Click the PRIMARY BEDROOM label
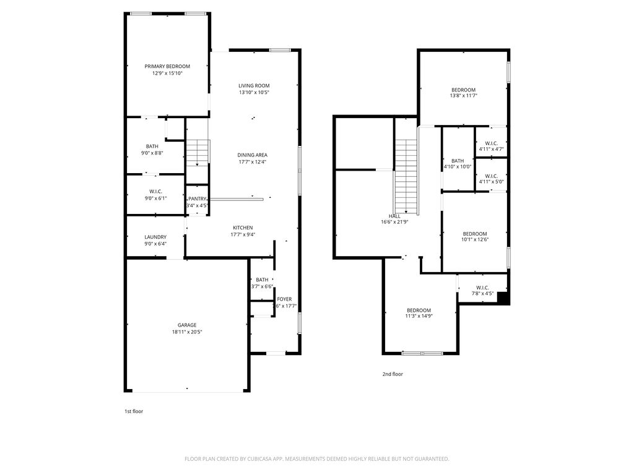click(x=167, y=66)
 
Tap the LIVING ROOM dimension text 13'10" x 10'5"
click(x=254, y=92)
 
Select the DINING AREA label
click(x=254, y=155)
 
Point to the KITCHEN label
click(x=243, y=228)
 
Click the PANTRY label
click(x=198, y=199)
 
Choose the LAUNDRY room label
click(x=155, y=237)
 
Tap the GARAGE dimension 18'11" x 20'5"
click(x=187, y=332)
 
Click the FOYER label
click(x=284, y=299)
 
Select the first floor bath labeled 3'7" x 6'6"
click(x=263, y=283)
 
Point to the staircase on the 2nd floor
click(x=406, y=176)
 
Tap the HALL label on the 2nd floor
click(x=394, y=215)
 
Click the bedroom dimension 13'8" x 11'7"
click(x=463, y=96)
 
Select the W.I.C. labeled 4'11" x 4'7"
click(x=491, y=146)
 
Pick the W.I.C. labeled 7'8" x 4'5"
click(x=482, y=291)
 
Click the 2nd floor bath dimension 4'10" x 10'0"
click(x=458, y=166)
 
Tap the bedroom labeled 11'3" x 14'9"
click(x=419, y=313)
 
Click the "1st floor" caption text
click(x=134, y=411)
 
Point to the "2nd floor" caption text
click(x=393, y=374)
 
